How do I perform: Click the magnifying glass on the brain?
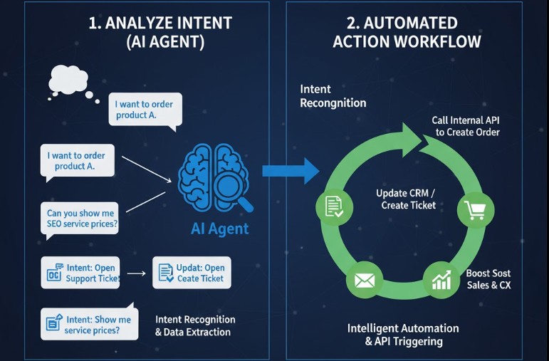tap(235, 189)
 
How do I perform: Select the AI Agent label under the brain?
tap(220, 229)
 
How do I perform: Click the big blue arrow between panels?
tap(291, 171)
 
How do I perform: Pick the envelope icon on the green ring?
tap(365, 280)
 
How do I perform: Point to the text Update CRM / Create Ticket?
tap(407, 199)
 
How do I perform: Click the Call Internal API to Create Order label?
tap(466, 126)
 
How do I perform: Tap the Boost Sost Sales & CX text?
tap(488, 279)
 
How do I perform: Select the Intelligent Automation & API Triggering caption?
tap(403, 335)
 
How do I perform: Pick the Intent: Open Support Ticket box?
tap(80, 273)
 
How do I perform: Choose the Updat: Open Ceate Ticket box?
tap(192, 273)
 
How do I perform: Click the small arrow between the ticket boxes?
tap(139, 273)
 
